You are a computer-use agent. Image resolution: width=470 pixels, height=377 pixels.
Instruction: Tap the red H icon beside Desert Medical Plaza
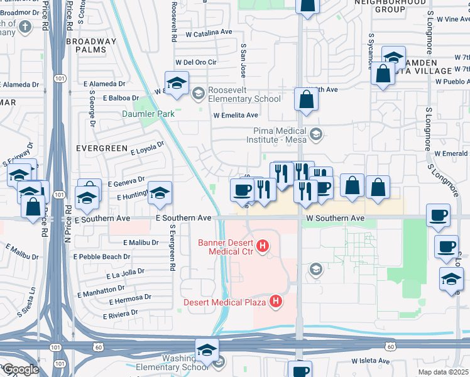coord(275,302)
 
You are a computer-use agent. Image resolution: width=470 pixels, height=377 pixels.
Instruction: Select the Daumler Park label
coord(148,114)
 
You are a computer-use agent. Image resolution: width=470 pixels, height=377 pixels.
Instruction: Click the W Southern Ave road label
coord(336,218)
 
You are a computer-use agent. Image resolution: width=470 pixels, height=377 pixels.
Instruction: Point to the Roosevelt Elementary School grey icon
coord(198,94)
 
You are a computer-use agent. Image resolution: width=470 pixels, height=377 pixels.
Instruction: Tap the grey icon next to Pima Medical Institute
coord(316,134)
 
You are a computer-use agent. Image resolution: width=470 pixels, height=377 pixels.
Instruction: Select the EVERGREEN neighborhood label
coord(97,148)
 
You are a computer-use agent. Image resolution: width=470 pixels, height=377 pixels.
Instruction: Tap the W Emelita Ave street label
coord(236,116)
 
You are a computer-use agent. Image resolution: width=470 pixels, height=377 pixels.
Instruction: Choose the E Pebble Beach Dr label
coord(102,257)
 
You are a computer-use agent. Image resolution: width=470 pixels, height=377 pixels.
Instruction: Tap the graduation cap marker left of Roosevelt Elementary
coord(177,83)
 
